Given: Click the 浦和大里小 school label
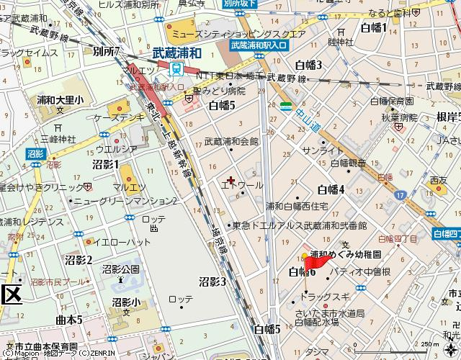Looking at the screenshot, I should tap(61, 100).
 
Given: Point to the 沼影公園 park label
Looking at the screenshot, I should tap(120, 269).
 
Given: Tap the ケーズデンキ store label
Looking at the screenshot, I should tap(120, 117).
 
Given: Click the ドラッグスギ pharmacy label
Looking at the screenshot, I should tap(326, 296).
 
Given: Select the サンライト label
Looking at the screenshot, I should tap(323, 150).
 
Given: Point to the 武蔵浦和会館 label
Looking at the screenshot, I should tap(231, 142).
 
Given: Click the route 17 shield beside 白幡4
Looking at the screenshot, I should tap(398, 195).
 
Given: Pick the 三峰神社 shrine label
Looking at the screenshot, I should tap(58, 138).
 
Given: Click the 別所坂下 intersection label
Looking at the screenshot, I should tap(240, 2).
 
